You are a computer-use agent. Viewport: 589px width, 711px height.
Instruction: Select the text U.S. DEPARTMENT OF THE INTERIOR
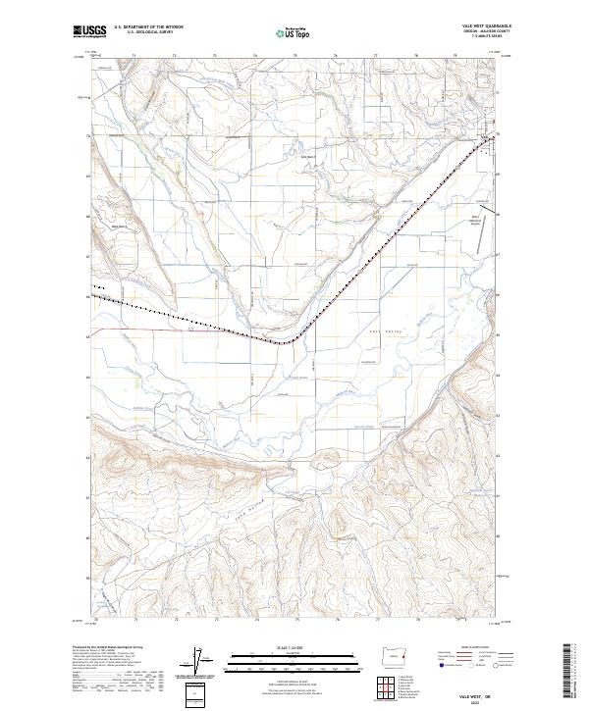click(147, 25)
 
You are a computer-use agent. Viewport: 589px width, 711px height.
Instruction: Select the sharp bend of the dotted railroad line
click(288, 341)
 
